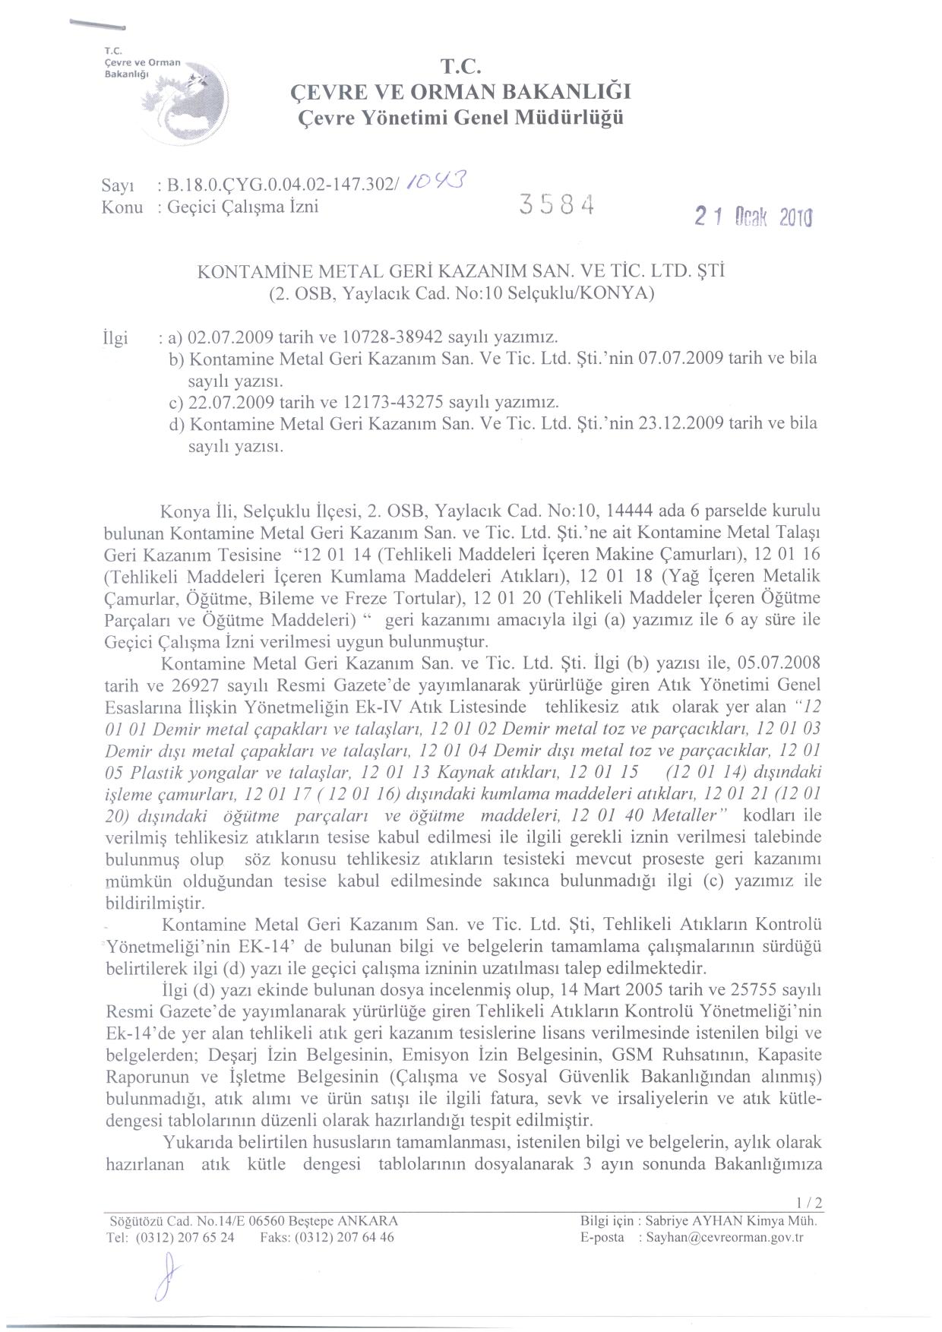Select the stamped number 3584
tap(556, 204)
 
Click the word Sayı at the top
tap(118, 185)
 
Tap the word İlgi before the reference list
tap(115, 337)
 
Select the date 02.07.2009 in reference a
tap(230, 337)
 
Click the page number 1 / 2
tap(810, 1203)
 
